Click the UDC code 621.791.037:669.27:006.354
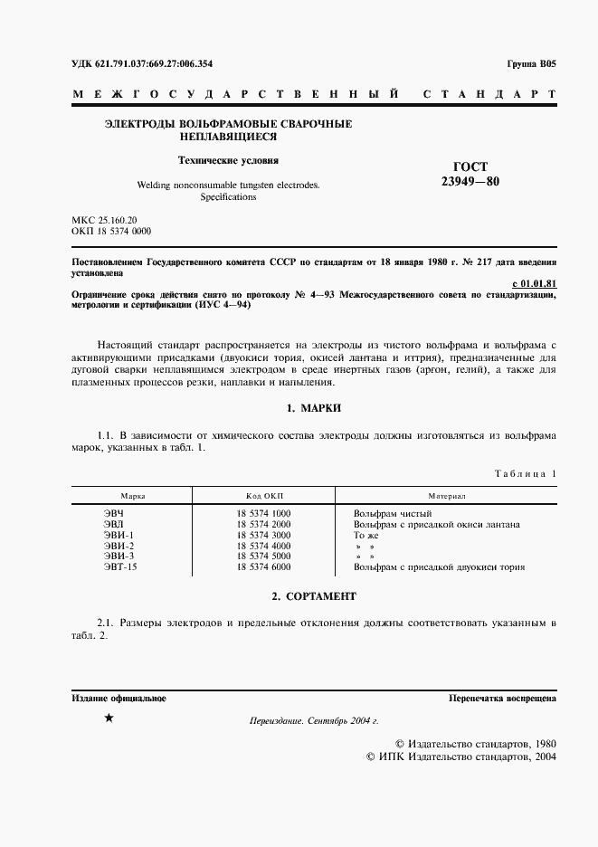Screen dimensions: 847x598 pyautogui.click(x=141, y=63)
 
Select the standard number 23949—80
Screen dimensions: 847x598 pyautogui.click(x=469, y=181)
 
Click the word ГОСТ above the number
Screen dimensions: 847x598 pyautogui.click(x=469, y=166)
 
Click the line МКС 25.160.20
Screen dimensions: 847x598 pyautogui.click(x=104, y=220)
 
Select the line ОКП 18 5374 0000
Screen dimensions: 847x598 pyautogui.click(x=111, y=232)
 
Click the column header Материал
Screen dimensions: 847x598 pyautogui.click(x=446, y=497)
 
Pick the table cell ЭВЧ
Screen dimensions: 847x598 pyautogui.click(x=114, y=513)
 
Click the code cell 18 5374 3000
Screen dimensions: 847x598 pyautogui.click(x=262, y=535)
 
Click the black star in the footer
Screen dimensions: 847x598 pyautogui.click(x=109, y=719)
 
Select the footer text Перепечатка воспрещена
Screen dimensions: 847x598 pyautogui.click(x=502, y=699)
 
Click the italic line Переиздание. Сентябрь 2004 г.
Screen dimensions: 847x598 pyautogui.click(x=313, y=720)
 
